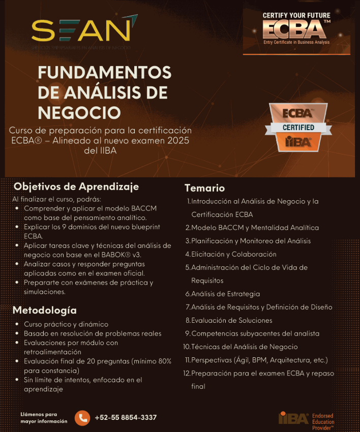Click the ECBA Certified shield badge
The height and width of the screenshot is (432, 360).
click(x=298, y=127)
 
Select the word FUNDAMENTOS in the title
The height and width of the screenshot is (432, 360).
click(x=104, y=73)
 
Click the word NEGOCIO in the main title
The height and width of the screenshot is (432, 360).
click(x=79, y=112)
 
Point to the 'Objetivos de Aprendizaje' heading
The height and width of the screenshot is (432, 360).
click(x=76, y=187)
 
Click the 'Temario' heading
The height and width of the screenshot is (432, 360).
click(x=204, y=189)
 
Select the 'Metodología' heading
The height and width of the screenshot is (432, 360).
click(x=45, y=310)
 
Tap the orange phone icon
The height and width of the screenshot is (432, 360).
click(x=82, y=418)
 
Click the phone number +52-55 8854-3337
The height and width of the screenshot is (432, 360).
click(x=126, y=418)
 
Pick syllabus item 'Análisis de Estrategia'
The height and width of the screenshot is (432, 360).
click(x=225, y=294)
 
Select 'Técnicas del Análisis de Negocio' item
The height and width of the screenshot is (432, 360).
click(x=245, y=347)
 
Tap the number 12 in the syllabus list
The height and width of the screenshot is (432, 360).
click(x=186, y=373)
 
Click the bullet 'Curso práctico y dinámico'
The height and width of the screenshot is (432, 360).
click(x=66, y=324)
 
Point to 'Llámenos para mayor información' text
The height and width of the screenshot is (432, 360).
click(x=44, y=418)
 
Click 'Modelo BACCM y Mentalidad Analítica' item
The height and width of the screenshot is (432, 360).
click(x=255, y=228)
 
